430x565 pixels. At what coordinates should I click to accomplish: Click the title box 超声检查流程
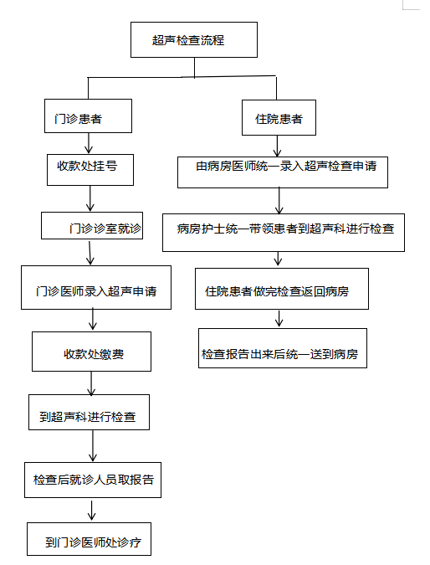pos(194,39)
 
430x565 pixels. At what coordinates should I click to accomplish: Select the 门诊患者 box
pos(88,116)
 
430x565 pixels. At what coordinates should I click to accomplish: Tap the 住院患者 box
pos(279,118)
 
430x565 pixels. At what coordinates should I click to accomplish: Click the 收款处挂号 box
pos(90,170)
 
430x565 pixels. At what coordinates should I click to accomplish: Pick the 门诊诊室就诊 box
pos(92,225)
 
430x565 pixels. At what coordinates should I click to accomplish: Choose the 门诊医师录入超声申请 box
pos(96,288)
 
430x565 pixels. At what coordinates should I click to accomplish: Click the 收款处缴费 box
pos(91,352)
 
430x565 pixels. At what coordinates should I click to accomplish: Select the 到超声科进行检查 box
pos(89,412)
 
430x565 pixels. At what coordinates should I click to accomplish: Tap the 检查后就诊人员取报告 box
pos(93,480)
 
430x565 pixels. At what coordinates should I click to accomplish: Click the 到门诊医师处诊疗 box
pos(89,539)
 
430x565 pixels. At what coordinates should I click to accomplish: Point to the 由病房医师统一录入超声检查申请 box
pos(283,172)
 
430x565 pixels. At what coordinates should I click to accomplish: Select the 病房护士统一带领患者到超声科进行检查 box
pos(284,233)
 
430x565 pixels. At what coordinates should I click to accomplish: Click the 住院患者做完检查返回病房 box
pos(282,289)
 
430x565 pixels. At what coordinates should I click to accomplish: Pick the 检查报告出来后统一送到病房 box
pos(283,348)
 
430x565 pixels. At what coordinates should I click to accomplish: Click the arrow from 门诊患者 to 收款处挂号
pos(89,143)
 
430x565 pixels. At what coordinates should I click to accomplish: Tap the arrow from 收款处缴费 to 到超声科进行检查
pos(91,383)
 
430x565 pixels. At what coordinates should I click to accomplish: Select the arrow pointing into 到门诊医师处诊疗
pos(92,511)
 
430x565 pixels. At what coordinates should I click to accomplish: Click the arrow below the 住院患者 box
pos(277,146)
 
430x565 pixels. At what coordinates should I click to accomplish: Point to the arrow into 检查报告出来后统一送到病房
pos(279,319)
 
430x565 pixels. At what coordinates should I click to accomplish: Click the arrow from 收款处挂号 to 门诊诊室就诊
pos(90,198)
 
